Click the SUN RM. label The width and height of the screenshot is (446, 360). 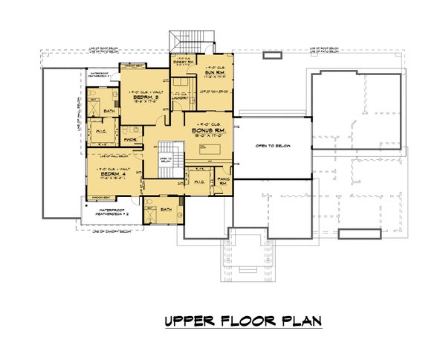216,72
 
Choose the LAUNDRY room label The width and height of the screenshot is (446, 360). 178,97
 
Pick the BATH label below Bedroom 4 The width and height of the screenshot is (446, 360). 166,210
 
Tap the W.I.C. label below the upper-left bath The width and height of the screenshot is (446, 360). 102,134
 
